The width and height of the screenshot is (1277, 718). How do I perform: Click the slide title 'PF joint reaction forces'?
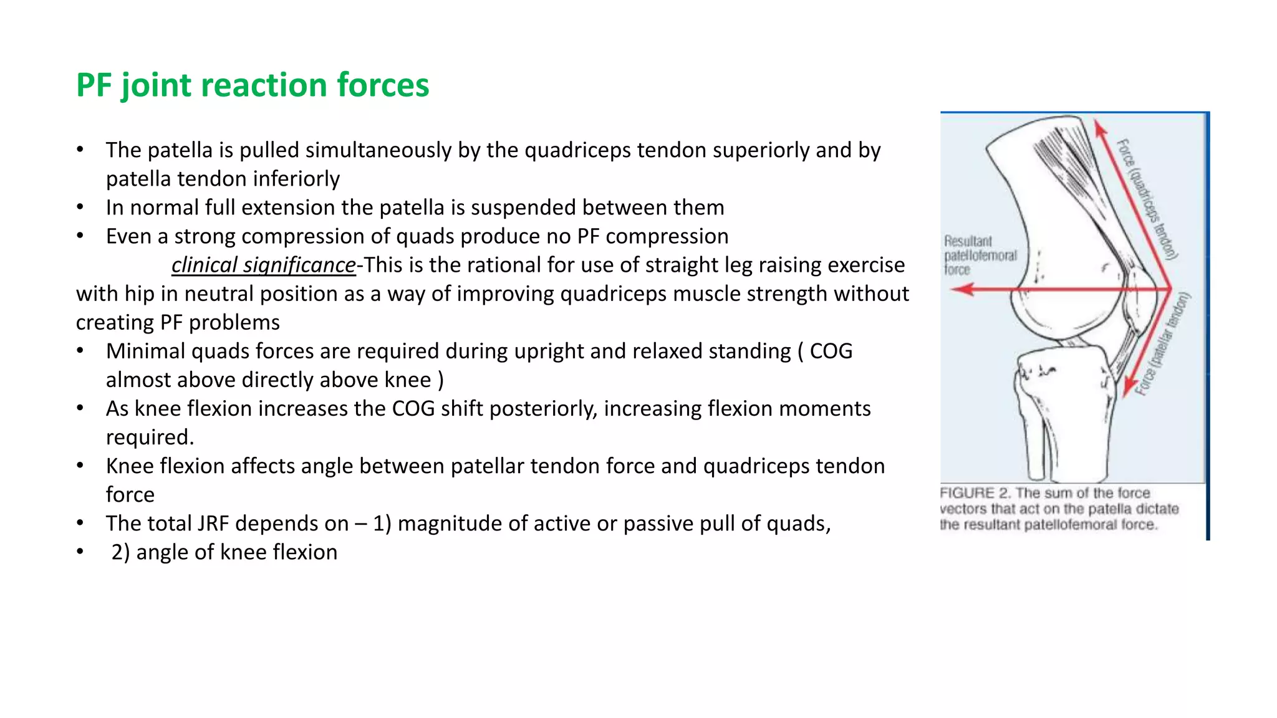(253, 85)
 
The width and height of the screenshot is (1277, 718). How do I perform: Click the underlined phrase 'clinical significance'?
(263, 265)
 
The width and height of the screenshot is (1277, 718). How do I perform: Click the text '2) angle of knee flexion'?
(224, 552)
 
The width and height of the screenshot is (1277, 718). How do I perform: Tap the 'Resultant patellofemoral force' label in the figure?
(980, 255)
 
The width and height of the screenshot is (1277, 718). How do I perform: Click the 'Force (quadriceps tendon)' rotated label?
(1146, 198)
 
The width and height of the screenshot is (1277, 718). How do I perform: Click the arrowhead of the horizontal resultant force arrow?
(963, 289)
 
